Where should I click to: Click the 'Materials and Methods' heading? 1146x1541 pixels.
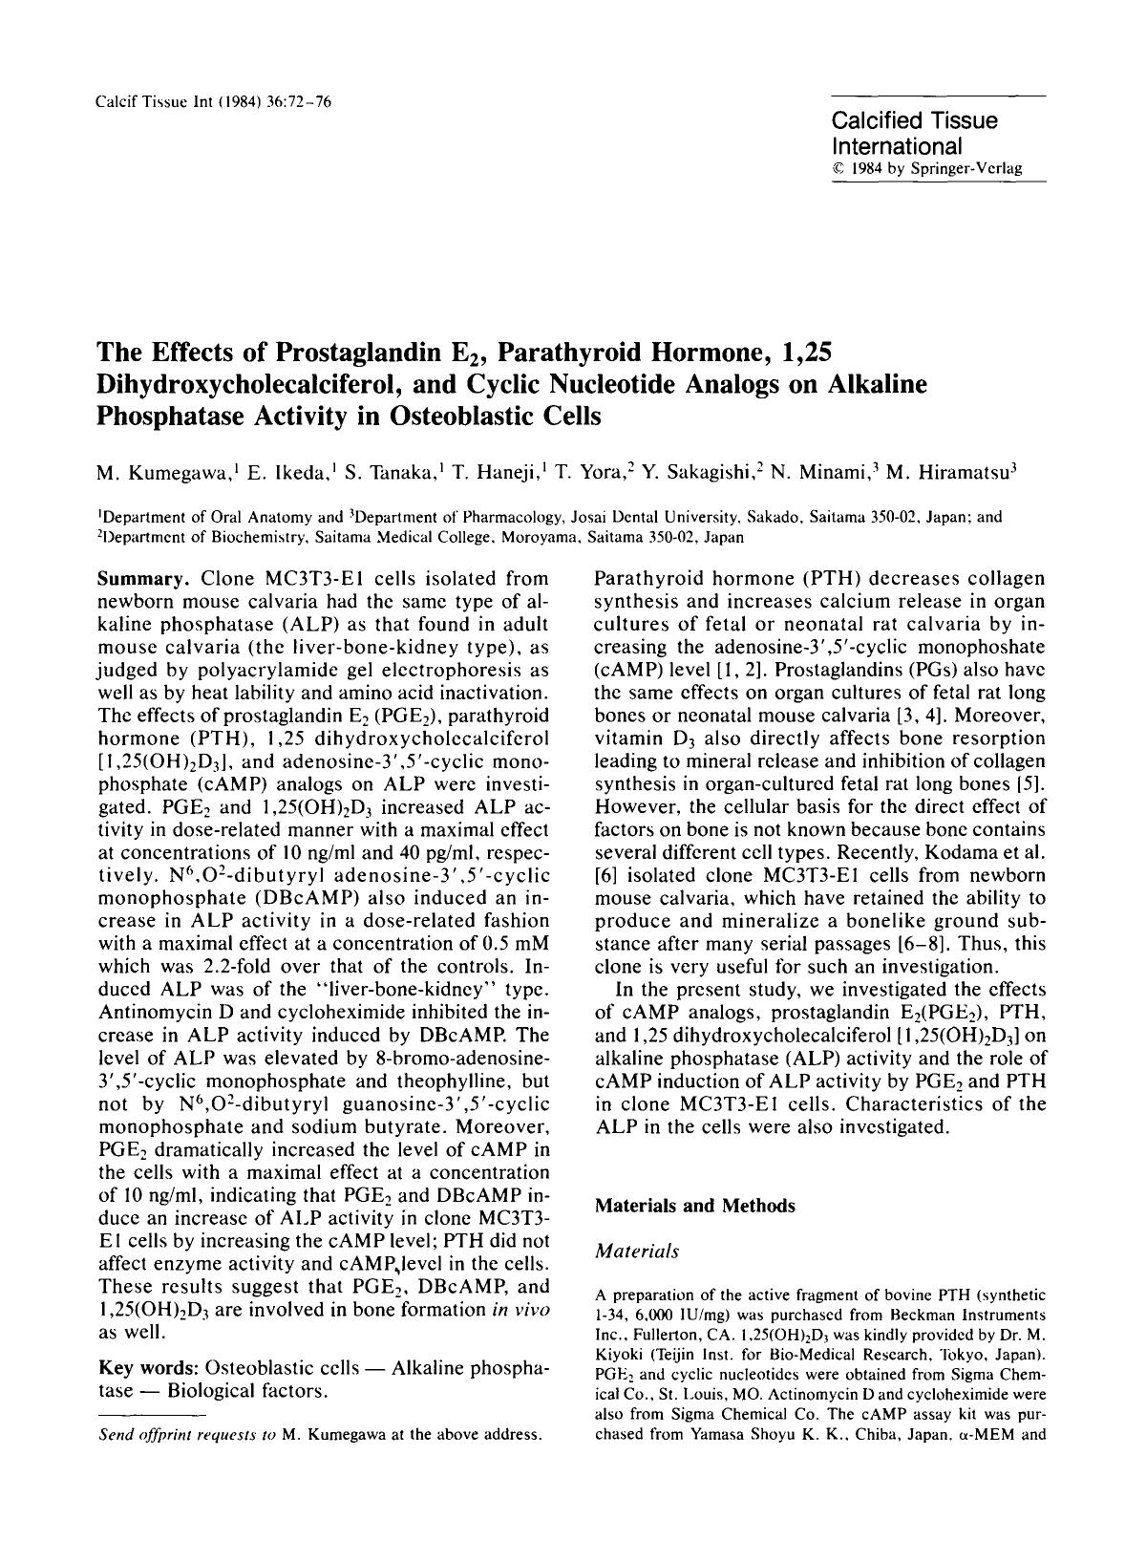pos(694,1206)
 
